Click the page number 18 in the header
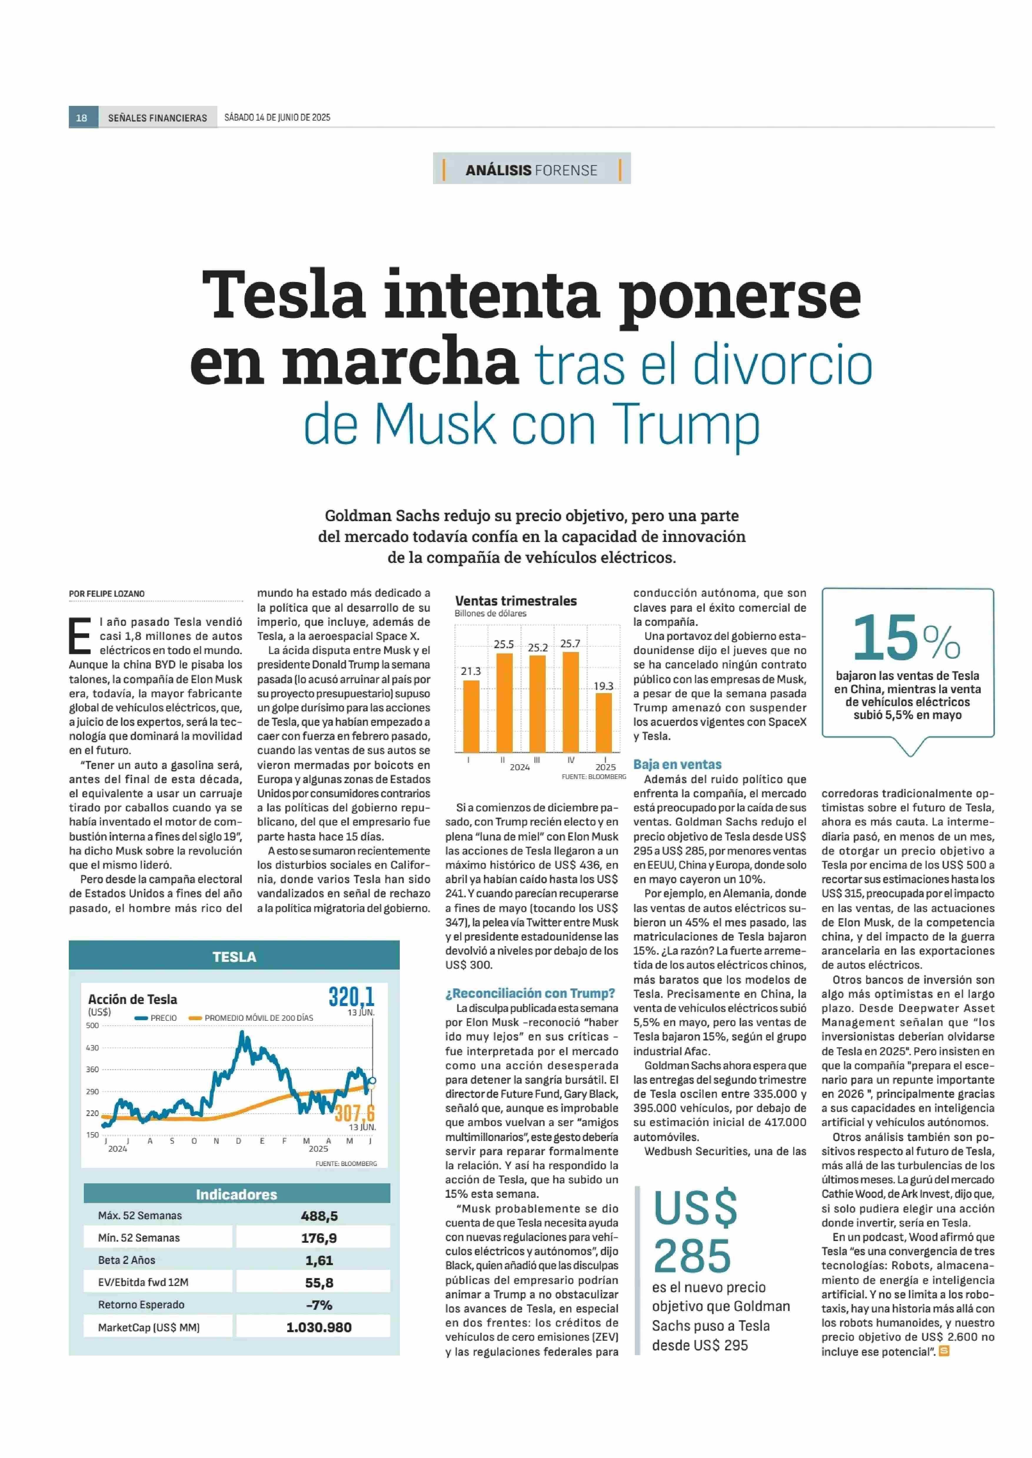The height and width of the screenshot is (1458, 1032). (x=82, y=118)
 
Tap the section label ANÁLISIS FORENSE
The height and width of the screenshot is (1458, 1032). (x=531, y=170)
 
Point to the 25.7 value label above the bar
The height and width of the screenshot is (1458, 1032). (x=570, y=643)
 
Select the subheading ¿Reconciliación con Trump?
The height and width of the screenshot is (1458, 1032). (x=530, y=993)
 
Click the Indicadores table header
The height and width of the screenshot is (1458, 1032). (x=237, y=1194)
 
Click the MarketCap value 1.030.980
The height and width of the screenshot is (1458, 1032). (x=319, y=1327)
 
